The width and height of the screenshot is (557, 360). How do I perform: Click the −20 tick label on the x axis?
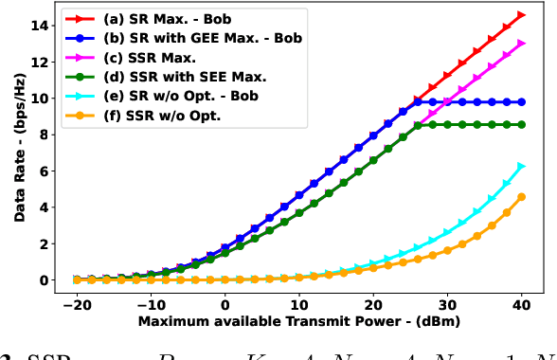(x=76, y=306)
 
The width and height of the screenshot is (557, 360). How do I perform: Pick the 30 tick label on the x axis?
(x=446, y=306)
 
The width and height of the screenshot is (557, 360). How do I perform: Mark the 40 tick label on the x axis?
(x=521, y=306)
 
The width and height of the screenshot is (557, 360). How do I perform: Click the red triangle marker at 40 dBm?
(x=521, y=15)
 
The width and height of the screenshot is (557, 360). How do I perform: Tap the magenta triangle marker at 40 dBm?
(x=521, y=44)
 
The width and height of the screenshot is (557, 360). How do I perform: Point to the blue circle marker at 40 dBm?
(x=521, y=101)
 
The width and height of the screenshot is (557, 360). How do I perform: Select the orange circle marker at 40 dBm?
(x=521, y=197)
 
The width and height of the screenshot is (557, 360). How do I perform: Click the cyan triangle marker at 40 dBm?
(x=521, y=167)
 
